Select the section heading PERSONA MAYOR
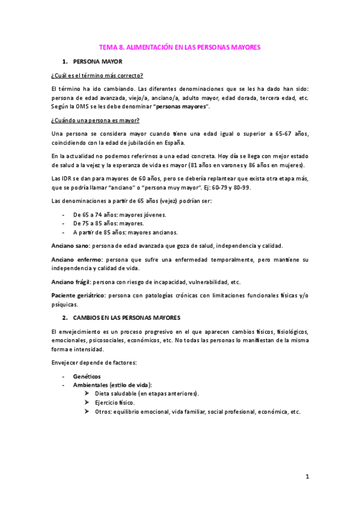point(97,61)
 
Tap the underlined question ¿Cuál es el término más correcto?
point(97,75)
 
